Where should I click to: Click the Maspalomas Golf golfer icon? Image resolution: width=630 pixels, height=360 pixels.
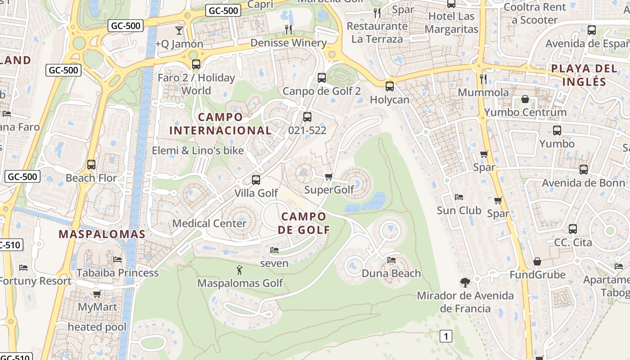239,270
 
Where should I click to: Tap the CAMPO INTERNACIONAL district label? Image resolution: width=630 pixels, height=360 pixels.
220,124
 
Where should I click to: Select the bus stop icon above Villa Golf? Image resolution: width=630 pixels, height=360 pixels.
256,180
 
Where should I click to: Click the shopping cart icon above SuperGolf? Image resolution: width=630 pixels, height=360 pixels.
328,176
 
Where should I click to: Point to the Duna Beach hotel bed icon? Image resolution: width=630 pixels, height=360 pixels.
391,260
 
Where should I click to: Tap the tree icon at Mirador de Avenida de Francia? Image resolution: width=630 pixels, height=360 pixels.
465,283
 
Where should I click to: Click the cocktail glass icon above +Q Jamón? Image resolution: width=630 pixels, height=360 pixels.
179,31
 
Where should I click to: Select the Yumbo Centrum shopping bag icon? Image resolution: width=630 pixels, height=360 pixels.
525,99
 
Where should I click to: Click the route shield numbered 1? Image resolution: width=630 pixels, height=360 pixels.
445,336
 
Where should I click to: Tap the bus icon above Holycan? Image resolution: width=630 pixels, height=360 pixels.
390,86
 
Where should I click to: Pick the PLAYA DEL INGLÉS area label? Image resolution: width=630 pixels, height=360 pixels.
584,75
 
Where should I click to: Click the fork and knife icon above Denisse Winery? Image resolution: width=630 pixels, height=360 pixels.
288,30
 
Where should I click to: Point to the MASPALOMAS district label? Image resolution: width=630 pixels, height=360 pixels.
102,234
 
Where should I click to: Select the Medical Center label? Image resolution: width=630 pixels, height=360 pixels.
209,223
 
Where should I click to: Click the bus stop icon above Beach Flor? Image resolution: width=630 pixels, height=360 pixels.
91,165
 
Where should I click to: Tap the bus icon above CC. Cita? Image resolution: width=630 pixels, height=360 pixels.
572,229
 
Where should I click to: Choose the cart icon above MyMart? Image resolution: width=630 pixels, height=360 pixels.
97,294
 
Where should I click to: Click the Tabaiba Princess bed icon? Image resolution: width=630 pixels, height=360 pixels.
117,260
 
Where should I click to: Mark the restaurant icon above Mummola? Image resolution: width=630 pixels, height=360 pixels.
483,79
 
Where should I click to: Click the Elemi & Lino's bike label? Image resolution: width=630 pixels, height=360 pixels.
198,151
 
